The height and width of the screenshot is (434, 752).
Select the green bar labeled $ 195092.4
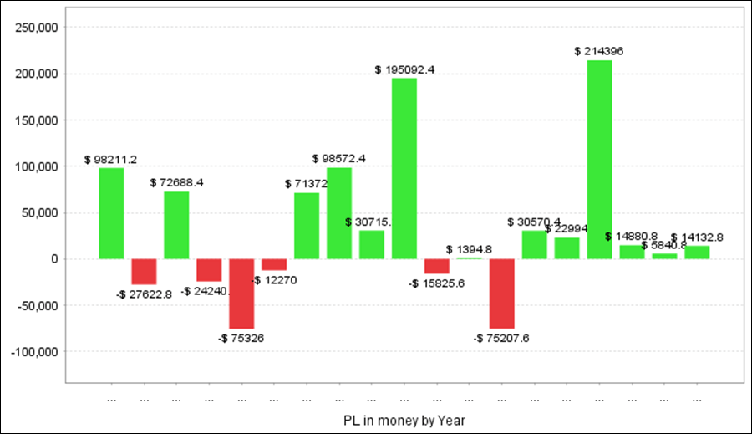404,168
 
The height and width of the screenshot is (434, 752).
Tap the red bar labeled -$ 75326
241,294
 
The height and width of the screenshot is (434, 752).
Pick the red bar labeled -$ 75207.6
501,294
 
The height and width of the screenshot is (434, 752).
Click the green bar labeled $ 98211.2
111,213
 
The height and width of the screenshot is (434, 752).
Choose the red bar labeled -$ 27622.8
144,272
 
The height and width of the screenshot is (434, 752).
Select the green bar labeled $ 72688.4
176,225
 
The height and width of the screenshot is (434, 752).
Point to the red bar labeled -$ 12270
274,264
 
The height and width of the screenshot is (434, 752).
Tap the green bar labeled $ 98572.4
339,213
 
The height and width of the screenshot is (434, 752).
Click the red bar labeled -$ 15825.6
437,266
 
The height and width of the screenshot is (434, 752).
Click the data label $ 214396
599,51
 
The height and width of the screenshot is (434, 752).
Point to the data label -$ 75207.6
501,338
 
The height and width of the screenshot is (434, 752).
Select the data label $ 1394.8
469,249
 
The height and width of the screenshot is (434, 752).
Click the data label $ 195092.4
404,69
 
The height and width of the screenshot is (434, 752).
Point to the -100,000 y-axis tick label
33,352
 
